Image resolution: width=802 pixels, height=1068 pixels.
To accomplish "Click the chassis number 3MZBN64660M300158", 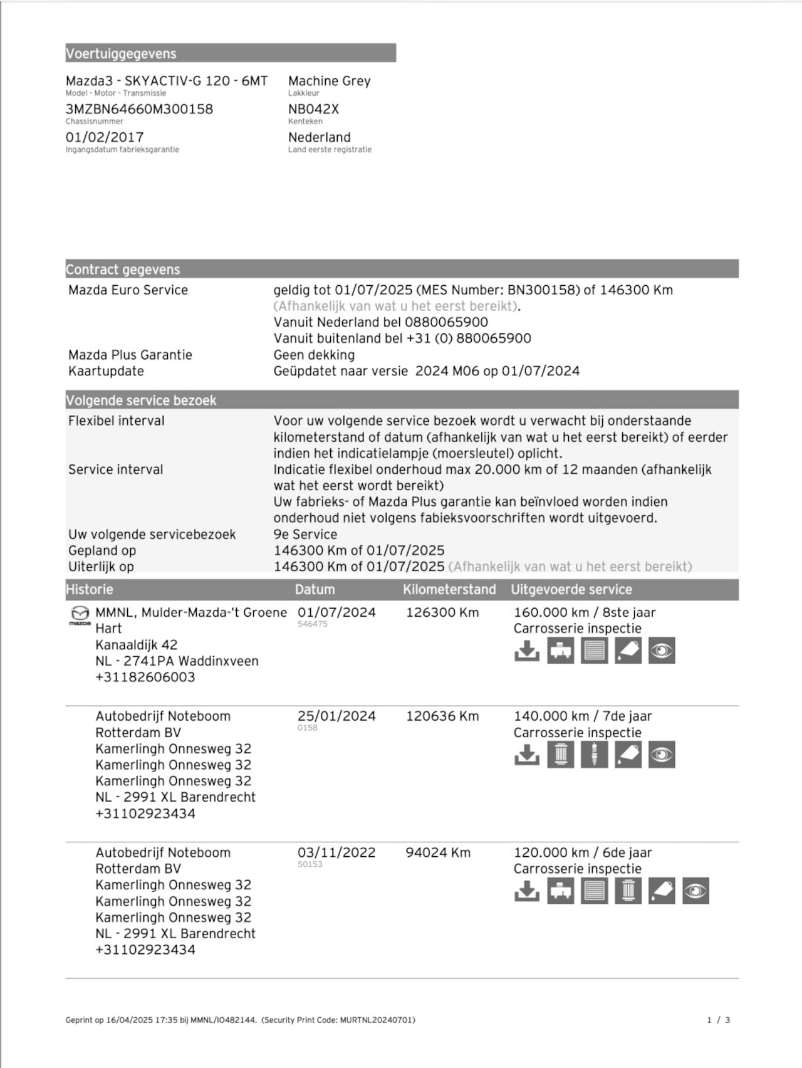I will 139,109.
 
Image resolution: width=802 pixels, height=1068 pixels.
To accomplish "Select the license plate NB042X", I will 313,109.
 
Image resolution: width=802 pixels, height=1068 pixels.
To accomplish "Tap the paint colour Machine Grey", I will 329,81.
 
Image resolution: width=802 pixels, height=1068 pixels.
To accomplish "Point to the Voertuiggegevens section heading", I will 121,54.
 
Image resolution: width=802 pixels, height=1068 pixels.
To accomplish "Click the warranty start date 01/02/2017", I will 105,137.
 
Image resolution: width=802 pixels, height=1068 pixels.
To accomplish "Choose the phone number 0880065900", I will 446,322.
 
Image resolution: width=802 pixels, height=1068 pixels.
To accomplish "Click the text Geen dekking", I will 314,355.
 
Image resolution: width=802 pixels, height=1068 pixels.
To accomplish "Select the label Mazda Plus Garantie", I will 130,355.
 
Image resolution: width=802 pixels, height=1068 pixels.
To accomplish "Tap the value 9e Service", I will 305,534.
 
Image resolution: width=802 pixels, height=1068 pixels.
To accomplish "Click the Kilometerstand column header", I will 449,589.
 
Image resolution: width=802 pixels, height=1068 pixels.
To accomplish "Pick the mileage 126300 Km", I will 442,612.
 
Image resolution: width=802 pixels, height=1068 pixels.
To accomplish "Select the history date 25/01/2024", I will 336,716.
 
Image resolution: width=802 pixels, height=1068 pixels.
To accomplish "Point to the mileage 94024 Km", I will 438,852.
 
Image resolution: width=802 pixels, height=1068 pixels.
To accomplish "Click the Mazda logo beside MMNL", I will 80,614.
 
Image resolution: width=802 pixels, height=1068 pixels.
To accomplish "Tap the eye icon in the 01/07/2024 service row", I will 662,651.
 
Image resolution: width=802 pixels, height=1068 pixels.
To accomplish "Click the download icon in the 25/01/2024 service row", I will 527,755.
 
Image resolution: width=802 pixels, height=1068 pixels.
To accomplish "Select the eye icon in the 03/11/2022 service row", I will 695,891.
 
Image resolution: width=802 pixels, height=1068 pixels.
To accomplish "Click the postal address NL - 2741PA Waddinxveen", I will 177,661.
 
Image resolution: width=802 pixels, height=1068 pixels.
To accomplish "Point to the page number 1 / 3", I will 719,1020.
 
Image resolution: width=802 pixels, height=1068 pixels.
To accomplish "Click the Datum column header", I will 315,589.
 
